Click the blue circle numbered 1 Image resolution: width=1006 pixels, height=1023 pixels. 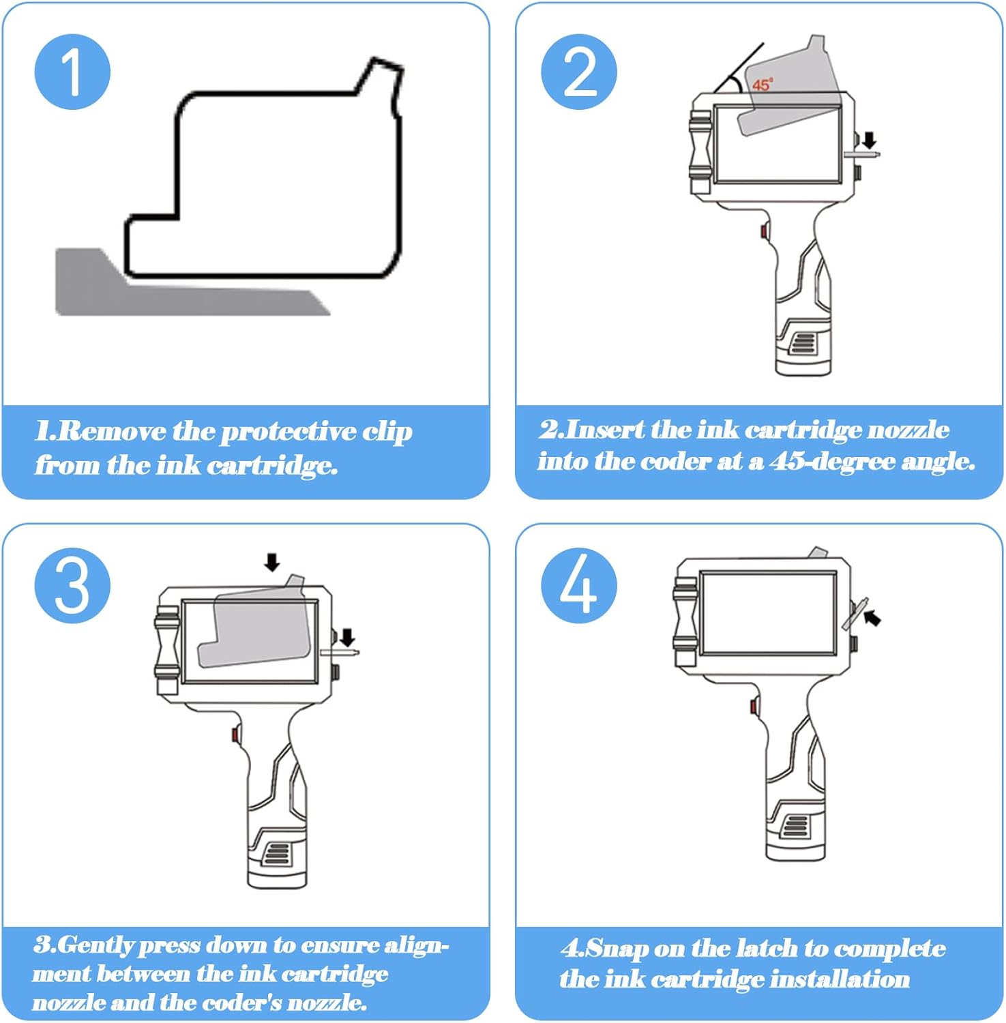tap(72, 72)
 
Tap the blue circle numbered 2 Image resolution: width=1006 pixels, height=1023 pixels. tap(579, 72)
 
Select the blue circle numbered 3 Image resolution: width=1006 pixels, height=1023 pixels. tap(72, 585)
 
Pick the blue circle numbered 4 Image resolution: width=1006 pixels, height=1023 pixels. tap(579, 585)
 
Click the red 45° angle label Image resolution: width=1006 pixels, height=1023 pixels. tap(763, 85)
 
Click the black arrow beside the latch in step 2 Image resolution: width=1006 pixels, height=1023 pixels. tap(869, 140)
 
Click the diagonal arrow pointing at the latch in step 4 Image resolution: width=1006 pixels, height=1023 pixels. tap(872, 618)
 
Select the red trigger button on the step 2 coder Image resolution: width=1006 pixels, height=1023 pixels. tap(764, 232)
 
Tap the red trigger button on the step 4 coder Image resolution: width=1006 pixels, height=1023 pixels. tap(754, 706)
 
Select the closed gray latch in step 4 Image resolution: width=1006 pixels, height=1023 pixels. tap(855, 614)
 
